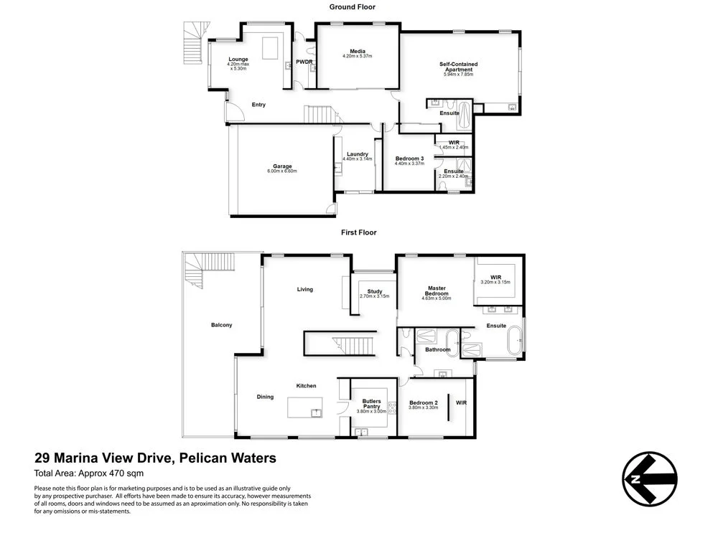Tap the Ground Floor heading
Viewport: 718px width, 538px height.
click(x=352, y=7)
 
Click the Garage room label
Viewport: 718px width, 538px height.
click(x=281, y=166)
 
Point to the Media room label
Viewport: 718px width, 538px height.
click(x=357, y=51)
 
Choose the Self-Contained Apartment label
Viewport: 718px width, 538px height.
click(x=458, y=67)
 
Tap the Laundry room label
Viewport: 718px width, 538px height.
click(x=357, y=154)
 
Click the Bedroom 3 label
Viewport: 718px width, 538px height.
click(x=409, y=159)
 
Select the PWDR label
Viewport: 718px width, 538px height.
click(x=304, y=62)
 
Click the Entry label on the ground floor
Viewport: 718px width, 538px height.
click(x=258, y=105)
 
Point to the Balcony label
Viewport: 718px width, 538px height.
click(x=221, y=325)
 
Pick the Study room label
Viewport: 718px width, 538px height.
click(x=374, y=291)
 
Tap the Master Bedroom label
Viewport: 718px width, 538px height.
click(x=436, y=291)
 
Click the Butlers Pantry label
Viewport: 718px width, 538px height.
click(x=371, y=404)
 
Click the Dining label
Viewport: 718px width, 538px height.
click(x=265, y=397)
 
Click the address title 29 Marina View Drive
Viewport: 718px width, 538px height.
click(x=155, y=458)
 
